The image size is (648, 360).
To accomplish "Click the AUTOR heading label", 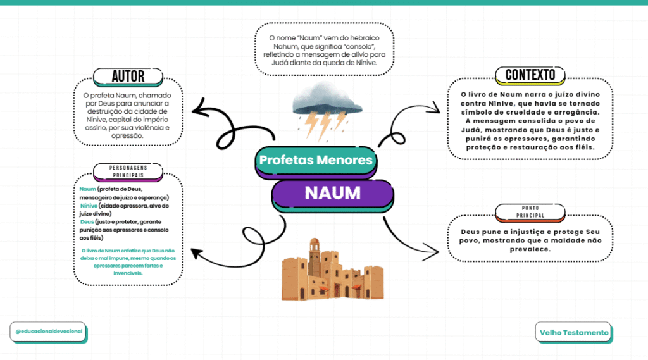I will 128,77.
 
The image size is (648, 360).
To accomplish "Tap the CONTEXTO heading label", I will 530,75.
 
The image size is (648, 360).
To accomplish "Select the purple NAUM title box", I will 332,193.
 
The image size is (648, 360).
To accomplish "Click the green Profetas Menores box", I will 316,161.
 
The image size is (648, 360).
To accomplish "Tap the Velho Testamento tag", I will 574,333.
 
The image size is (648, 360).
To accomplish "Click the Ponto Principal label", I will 530,212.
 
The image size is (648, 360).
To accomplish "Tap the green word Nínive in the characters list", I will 89,206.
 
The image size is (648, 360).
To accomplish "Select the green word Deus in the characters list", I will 87,222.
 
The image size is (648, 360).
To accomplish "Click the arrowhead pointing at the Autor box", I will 197,111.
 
